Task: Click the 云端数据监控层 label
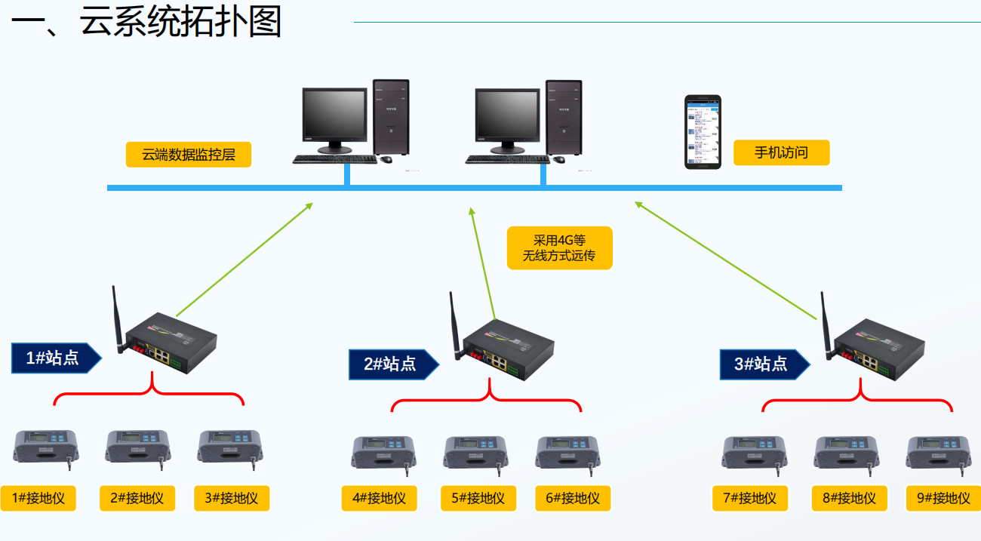(x=188, y=155)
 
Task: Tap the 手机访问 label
(x=781, y=152)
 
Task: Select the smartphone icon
(x=703, y=131)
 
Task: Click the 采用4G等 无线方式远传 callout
(x=559, y=247)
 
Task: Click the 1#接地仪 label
(x=38, y=498)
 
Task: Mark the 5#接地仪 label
(x=478, y=498)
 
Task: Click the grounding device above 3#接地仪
(x=230, y=446)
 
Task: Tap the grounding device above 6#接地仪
(x=568, y=452)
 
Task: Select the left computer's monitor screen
(x=334, y=115)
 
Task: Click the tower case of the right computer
(x=564, y=118)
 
